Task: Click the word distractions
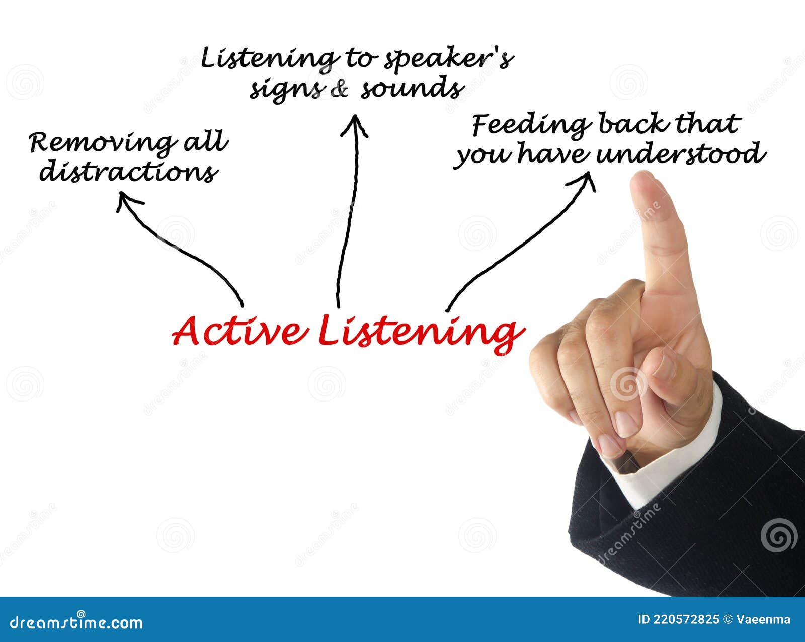point(129,172)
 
